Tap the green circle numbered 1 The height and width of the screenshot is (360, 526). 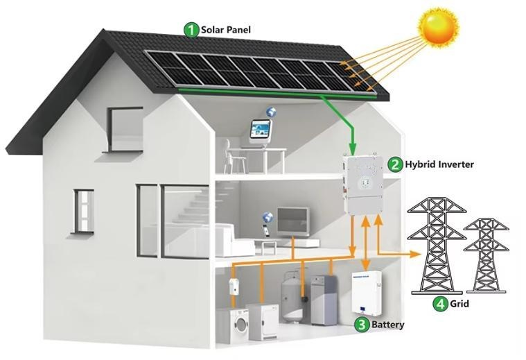(x=191, y=31)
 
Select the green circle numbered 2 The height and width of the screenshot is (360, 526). (x=395, y=164)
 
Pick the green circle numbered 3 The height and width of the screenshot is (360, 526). (x=362, y=325)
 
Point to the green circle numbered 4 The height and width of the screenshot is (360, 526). (x=441, y=304)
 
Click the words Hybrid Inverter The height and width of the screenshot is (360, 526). (x=439, y=164)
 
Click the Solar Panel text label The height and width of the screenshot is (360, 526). (x=226, y=30)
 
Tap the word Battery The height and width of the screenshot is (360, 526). (x=388, y=325)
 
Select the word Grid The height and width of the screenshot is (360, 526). (x=459, y=304)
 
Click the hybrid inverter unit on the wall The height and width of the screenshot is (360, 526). (x=365, y=184)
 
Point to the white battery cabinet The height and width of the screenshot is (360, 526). (x=367, y=294)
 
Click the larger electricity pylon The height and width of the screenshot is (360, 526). (x=437, y=244)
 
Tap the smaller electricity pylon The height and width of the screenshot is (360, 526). (x=486, y=255)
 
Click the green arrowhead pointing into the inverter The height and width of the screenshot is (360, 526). (x=352, y=148)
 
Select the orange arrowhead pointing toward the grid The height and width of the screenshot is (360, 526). (x=416, y=254)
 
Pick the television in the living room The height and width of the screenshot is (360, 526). (x=292, y=221)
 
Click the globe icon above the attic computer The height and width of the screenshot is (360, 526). (x=271, y=112)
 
